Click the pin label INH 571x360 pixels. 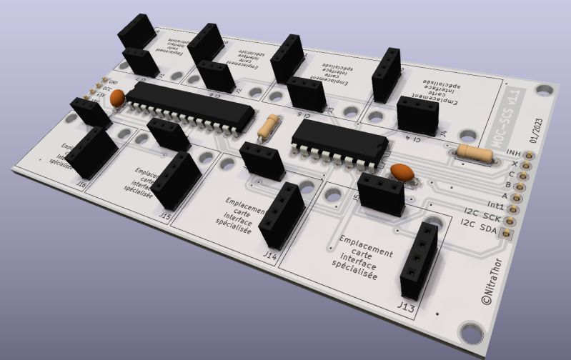coord(513,153)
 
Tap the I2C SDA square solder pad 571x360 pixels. coord(507,234)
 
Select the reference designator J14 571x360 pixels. coord(270,254)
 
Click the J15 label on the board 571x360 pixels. coord(165,214)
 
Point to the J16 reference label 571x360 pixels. coord(81,185)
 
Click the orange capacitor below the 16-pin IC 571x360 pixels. coord(402,172)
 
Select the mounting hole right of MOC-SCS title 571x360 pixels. coord(547,91)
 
